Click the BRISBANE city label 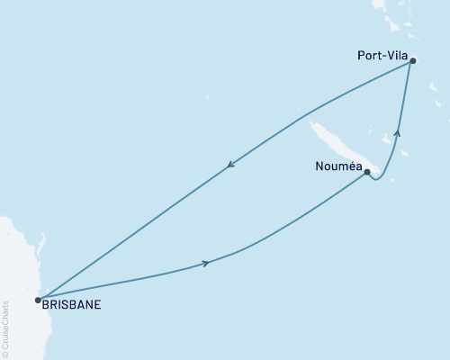coord(71,304)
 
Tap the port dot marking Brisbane coord(37,300)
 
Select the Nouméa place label coord(338,166)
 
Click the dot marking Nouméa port coord(366,171)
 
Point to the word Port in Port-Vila coord(366,55)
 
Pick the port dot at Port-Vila coord(412,61)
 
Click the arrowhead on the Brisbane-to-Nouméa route coord(207,263)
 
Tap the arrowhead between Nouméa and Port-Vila coord(397,132)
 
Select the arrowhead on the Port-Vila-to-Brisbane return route coord(230,164)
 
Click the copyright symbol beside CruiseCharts coord(5,354)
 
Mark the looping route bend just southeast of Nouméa coord(378,179)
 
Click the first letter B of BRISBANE coord(45,304)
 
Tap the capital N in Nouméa coord(320,166)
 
